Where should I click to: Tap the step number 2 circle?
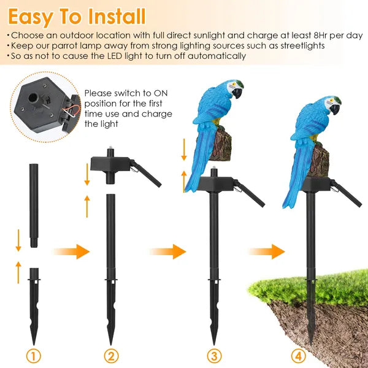point(110,356)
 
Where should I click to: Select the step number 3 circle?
point(214,356)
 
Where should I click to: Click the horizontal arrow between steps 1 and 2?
point(71,251)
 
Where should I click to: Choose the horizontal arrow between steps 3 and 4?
point(266,251)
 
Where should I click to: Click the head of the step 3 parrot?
point(232,89)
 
